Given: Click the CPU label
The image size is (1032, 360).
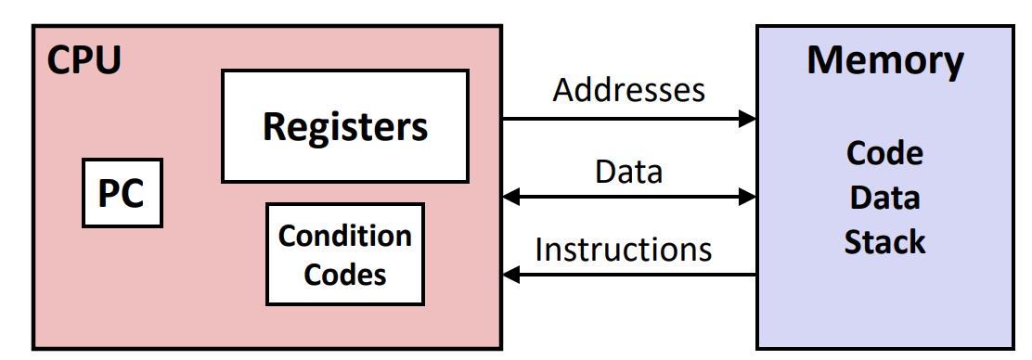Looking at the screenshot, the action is (x=84, y=60).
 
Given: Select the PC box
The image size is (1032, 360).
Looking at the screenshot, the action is (x=123, y=193).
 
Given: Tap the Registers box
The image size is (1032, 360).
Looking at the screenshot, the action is (x=345, y=125).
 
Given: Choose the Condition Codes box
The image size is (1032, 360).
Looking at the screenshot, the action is (x=345, y=254).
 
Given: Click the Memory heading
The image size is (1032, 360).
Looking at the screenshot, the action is (x=885, y=60).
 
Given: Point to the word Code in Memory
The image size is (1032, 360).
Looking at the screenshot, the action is (x=885, y=153).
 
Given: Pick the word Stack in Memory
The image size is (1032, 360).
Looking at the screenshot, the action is (x=885, y=241).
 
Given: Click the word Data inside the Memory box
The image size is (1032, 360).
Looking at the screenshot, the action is (x=885, y=198).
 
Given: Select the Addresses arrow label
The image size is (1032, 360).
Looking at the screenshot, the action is (x=628, y=89).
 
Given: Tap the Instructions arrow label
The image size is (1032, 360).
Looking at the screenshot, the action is (x=624, y=250).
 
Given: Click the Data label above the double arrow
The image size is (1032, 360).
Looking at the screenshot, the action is (x=628, y=172).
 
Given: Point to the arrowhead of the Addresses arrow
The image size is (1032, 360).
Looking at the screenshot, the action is (x=748, y=119).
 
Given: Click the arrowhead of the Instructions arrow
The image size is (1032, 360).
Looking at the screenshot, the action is (x=511, y=275).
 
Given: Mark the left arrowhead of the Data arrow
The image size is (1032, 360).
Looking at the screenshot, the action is (x=511, y=196).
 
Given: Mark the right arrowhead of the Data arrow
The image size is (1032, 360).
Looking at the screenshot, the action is (x=748, y=196).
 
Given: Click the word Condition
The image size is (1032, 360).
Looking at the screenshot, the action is (x=345, y=236).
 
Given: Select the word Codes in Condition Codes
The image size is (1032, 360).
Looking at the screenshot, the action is (x=345, y=275).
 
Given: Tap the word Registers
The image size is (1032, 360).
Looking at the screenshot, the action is (x=345, y=126).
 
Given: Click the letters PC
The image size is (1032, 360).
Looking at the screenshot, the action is (x=121, y=194).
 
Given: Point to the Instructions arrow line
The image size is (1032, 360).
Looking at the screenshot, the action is (x=629, y=275).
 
